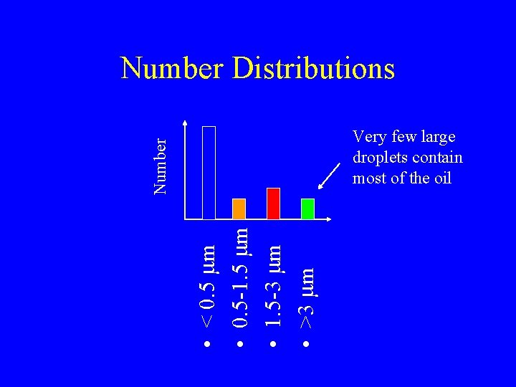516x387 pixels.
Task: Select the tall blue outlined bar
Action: tap(209, 172)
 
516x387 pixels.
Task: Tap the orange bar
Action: tap(239, 208)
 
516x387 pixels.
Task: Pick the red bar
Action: tap(273, 203)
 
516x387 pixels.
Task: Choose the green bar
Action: tap(307, 208)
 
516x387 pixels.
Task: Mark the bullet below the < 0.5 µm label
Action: tap(206, 345)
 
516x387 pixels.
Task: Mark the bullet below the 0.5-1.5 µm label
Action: tap(240, 345)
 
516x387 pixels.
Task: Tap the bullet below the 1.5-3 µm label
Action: tap(273, 345)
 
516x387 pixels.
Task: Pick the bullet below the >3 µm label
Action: tap(306, 345)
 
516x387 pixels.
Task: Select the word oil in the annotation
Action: tap(441, 178)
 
